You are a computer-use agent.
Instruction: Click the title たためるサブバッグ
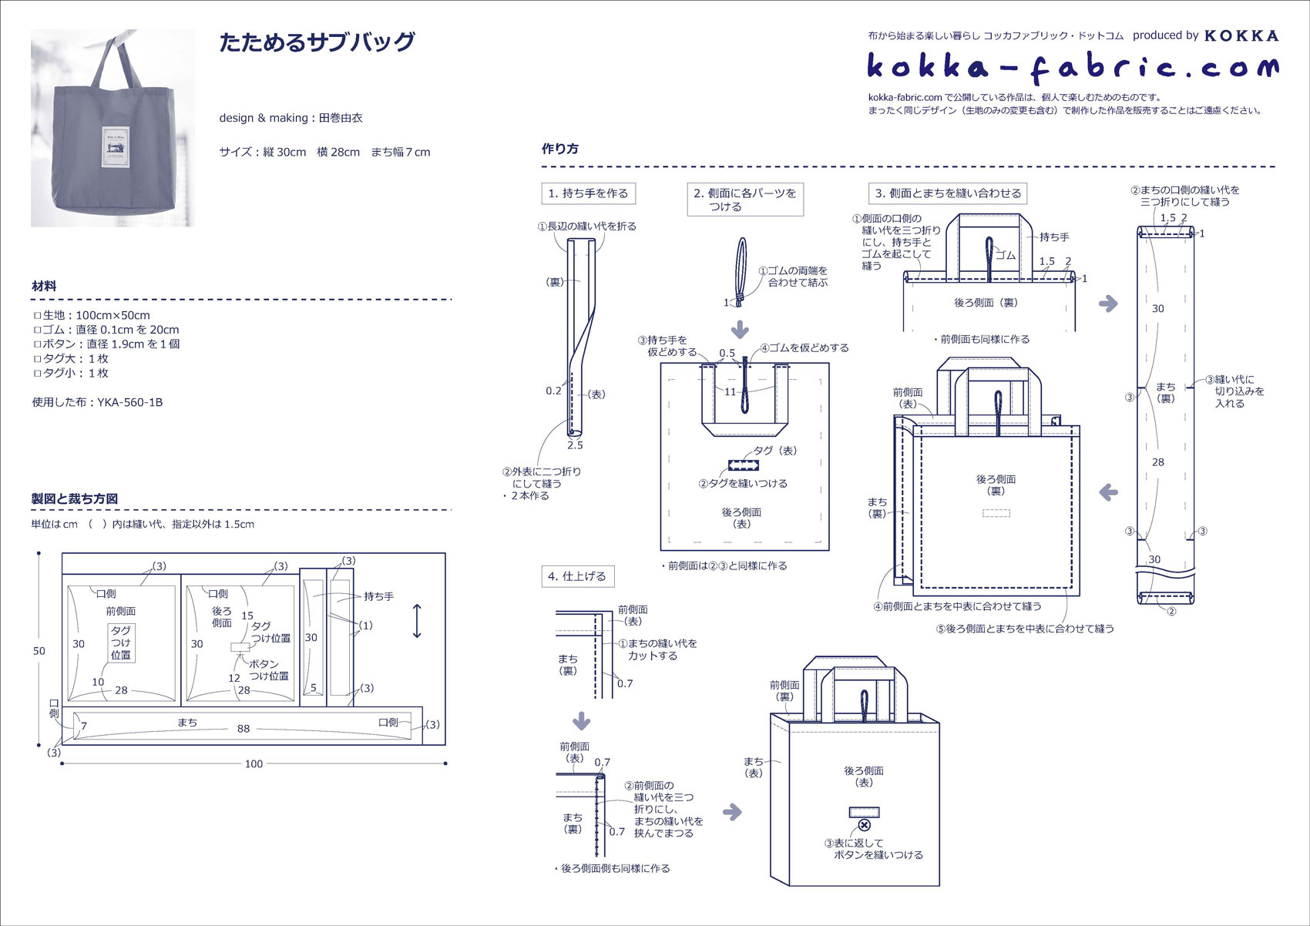click(317, 42)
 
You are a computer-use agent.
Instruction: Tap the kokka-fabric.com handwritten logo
click(1073, 69)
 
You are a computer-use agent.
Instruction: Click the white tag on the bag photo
click(116, 146)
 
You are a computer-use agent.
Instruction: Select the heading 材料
click(44, 286)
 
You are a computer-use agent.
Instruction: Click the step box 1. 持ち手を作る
click(588, 193)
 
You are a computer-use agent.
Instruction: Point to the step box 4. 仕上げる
click(578, 576)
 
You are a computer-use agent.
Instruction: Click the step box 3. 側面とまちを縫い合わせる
click(947, 193)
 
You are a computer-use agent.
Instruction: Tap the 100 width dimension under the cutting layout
click(254, 763)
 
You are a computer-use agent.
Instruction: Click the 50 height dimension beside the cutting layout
click(39, 651)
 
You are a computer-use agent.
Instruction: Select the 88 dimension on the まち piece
click(244, 729)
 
